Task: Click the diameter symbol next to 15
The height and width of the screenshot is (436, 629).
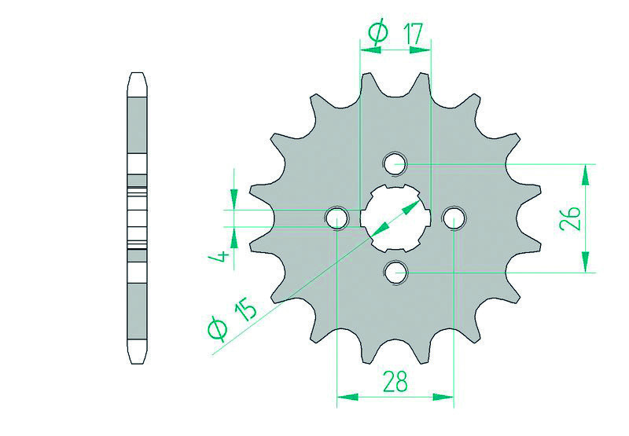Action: (x=219, y=330)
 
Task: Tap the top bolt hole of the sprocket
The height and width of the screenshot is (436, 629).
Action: (x=395, y=164)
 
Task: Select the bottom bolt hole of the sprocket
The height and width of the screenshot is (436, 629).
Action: (x=395, y=273)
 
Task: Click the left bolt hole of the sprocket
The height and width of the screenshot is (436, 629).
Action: (x=337, y=218)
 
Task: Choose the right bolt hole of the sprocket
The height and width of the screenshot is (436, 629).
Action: (x=454, y=218)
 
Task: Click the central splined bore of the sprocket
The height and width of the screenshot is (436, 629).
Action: (x=395, y=218)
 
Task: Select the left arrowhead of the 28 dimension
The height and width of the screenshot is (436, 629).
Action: (x=344, y=396)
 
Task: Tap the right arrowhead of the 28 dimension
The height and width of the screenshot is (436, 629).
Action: (x=447, y=396)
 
